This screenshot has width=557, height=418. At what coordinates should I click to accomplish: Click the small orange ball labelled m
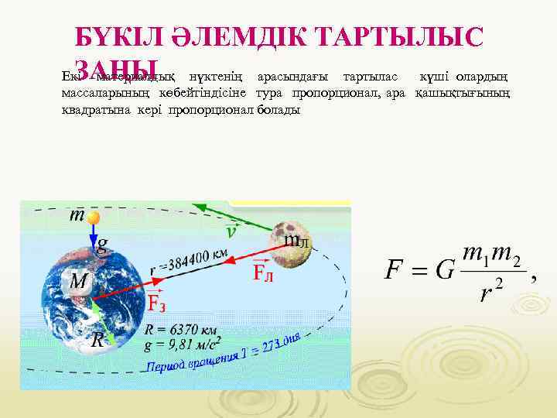[x=94, y=218]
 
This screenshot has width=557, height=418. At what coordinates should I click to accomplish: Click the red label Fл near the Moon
[x=262, y=272]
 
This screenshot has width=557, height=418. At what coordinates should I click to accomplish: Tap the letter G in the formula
[x=444, y=271]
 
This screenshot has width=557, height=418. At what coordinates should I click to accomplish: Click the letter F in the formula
[x=394, y=271]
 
